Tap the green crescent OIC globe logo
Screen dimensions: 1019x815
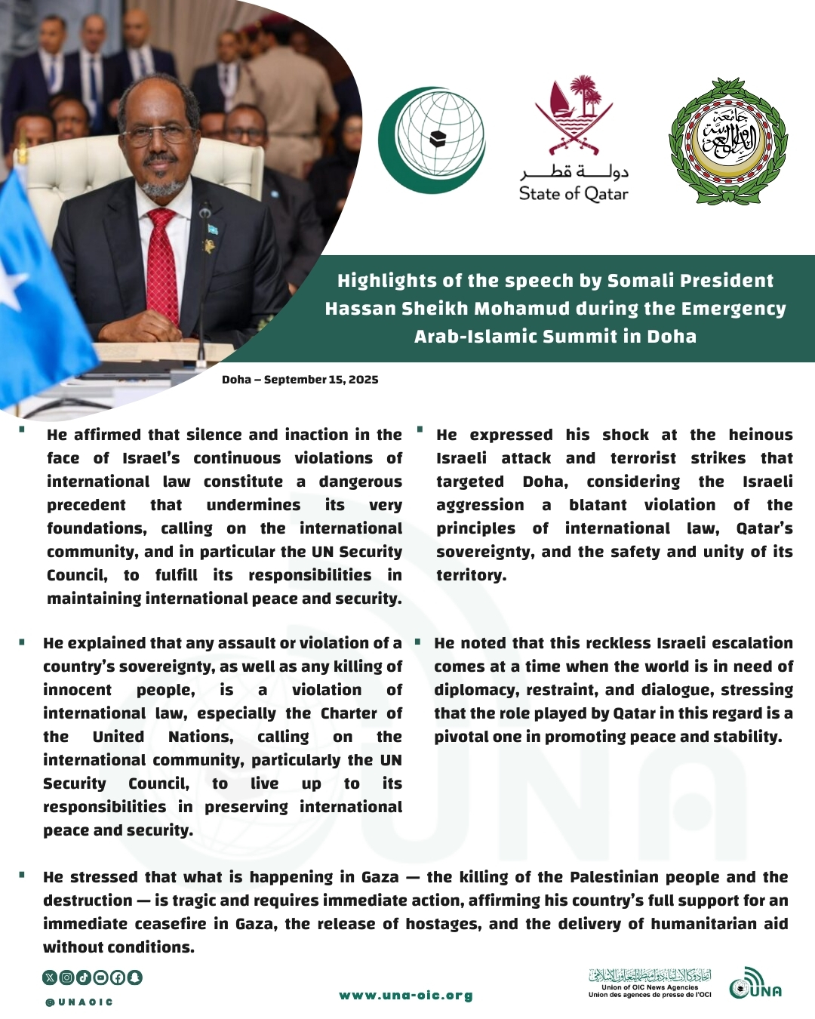click(x=432, y=140)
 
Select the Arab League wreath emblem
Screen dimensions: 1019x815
click(x=727, y=141)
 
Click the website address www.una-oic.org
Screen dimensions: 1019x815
click(x=406, y=996)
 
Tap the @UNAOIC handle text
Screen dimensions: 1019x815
click(x=79, y=1002)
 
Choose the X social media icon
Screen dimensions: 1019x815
click(x=50, y=977)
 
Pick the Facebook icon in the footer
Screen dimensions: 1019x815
click(x=117, y=977)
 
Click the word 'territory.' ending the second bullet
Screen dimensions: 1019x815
click(x=471, y=575)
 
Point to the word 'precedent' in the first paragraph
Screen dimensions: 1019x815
click(x=86, y=505)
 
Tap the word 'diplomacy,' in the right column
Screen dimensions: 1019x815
click(x=476, y=690)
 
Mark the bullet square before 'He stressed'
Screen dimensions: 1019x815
click(x=22, y=875)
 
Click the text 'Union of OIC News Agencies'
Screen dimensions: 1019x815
click(x=650, y=987)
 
